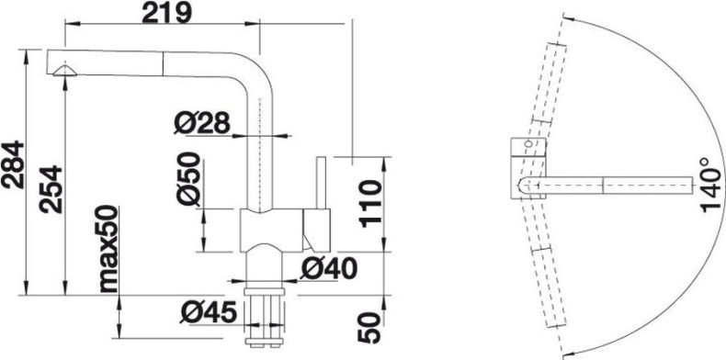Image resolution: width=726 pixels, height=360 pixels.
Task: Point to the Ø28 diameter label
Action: [201, 123]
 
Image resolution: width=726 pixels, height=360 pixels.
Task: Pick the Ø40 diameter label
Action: [328, 269]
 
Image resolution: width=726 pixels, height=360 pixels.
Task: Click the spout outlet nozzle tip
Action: [66, 73]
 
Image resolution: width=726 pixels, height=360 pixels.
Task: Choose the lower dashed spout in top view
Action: [546, 276]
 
